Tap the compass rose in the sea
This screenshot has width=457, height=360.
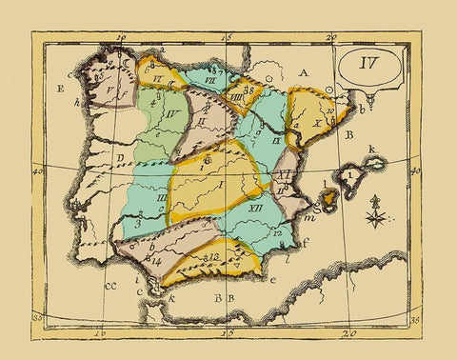point(377,211)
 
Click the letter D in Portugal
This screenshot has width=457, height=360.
point(120,158)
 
